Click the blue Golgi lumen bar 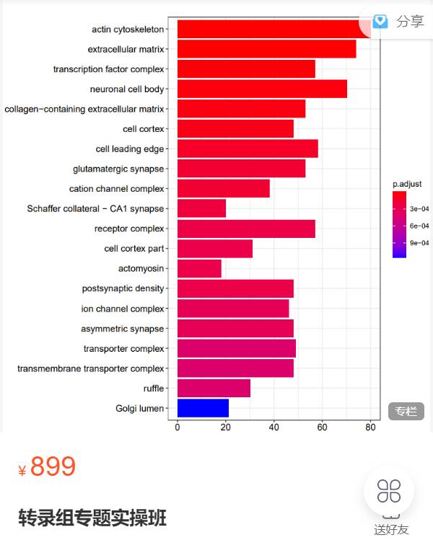pyautogui.click(x=203, y=408)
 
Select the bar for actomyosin pyautogui.click(x=199, y=268)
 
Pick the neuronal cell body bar pyautogui.click(x=262, y=89)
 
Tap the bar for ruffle pyautogui.click(x=214, y=389)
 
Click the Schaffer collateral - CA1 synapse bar pyautogui.click(x=201, y=208)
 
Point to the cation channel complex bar pyautogui.click(x=224, y=189)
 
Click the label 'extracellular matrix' pyautogui.click(x=126, y=50)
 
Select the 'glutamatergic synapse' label pyautogui.click(x=118, y=169)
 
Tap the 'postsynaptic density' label pyautogui.click(x=123, y=288)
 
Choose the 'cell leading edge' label pyautogui.click(x=130, y=149)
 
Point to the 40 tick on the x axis pyautogui.click(x=274, y=427)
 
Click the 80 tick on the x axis pyautogui.click(x=370, y=427)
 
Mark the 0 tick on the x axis pyautogui.click(x=178, y=427)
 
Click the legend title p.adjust pyautogui.click(x=407, y=184)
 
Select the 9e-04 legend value pyautogui.click(x=419, y=243)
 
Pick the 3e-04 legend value pyautogui.click(x=419, y=208)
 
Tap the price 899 pyautogui.click(x=53, y=467)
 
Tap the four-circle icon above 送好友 pyautogui.click(x=389, y=491)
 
